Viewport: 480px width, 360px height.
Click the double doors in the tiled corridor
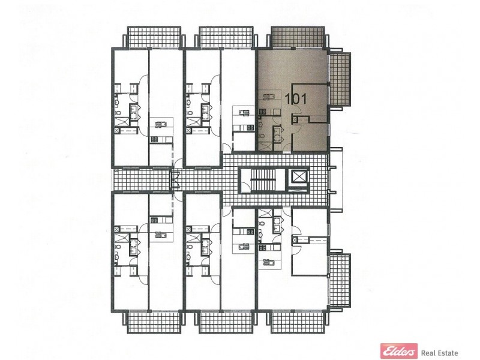coord(175,179)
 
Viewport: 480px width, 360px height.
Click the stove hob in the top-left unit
coord(154,139)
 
